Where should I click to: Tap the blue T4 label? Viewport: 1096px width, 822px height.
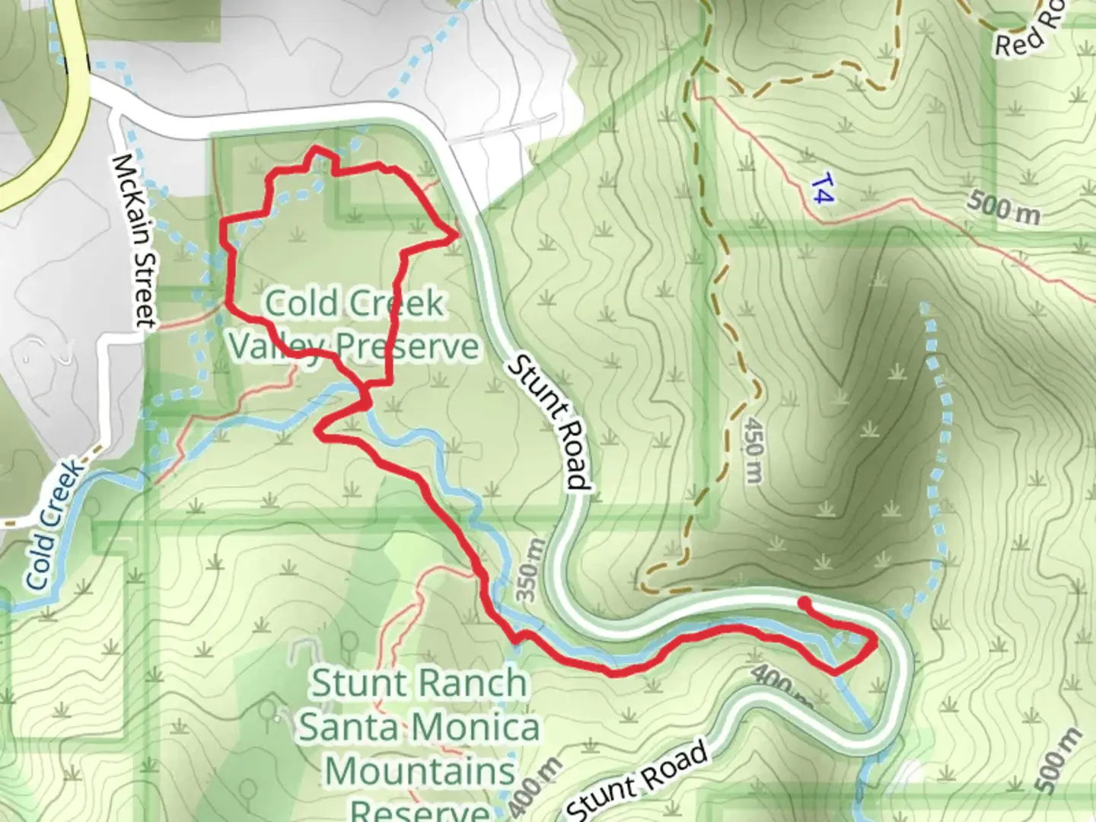(823, 188)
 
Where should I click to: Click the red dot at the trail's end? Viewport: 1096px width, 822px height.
(804, 604)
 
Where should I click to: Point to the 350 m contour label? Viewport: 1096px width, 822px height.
(532, 572)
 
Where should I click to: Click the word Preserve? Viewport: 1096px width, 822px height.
(407, 346)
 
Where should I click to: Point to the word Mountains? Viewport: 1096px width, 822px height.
(420, 771)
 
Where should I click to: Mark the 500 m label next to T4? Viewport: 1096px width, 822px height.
(1004, 207)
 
